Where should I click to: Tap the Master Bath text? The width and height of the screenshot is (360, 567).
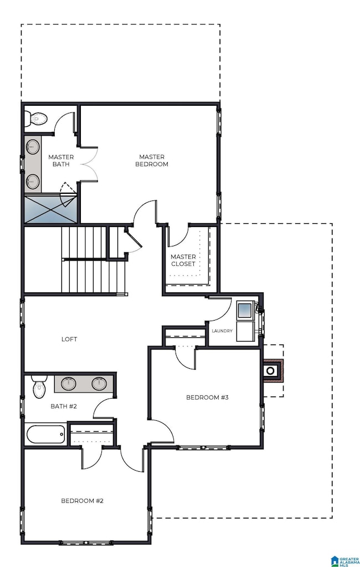(x=60, y=161)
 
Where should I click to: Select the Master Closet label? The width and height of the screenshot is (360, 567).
(x=183, y=260)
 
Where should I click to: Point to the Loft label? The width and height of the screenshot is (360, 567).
(x=69, y=339)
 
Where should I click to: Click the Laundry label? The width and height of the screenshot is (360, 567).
(x=222, y=331)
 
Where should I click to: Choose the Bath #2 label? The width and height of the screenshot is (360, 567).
(x=64, y=406)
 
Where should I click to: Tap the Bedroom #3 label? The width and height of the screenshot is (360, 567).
(x=207, y=397)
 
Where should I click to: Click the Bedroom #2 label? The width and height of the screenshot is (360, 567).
(x=82, y=501)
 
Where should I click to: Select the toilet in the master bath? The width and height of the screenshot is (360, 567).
(x=38, y=118)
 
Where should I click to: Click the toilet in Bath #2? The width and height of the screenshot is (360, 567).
(x=39, y=388)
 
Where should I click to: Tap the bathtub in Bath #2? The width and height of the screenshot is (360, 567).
(x=45, y=434)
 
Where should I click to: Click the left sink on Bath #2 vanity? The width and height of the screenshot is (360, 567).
(x=69, y=383)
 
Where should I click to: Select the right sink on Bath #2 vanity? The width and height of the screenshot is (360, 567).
(x=99, y=383)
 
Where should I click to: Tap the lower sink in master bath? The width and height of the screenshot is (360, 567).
(x=33, y=180)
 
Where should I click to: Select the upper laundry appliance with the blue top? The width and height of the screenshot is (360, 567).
(x=244, y=311)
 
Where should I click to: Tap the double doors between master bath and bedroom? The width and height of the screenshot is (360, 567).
(x=89, y=164)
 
